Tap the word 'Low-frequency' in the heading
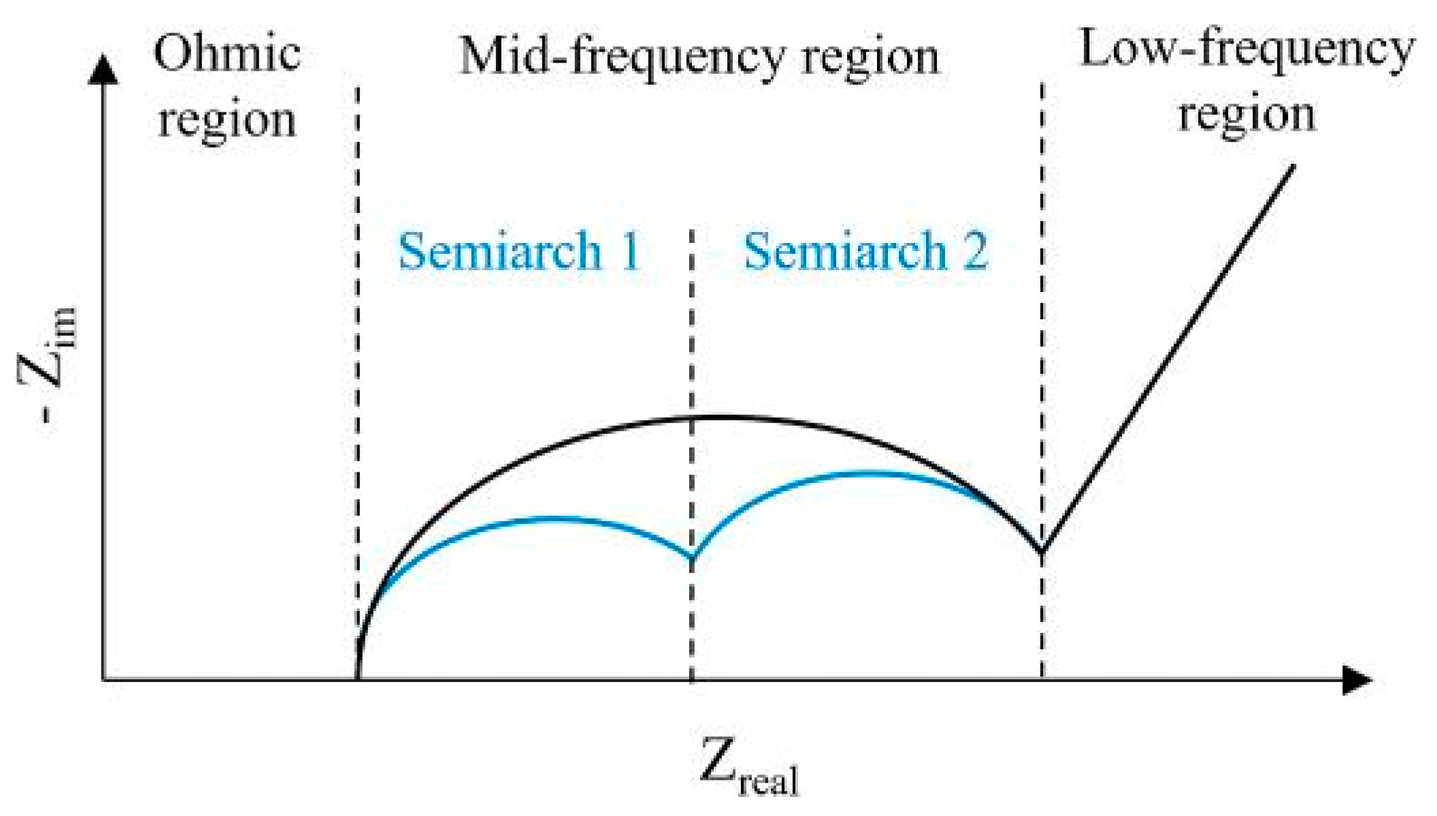(x=1246, y=49)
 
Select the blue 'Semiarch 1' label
(x=519, y=251)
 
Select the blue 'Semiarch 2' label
(x=865, y=251)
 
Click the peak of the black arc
(x=714, y=417)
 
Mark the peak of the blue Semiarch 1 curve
(x=555, y=519)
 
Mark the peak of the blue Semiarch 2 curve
(x=864, y=472)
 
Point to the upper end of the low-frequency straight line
(x=1293, y=166)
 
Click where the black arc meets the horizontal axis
(x=358, y=678)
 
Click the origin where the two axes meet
(x=103, y=679)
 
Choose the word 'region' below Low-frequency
(x=1246, y=114)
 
